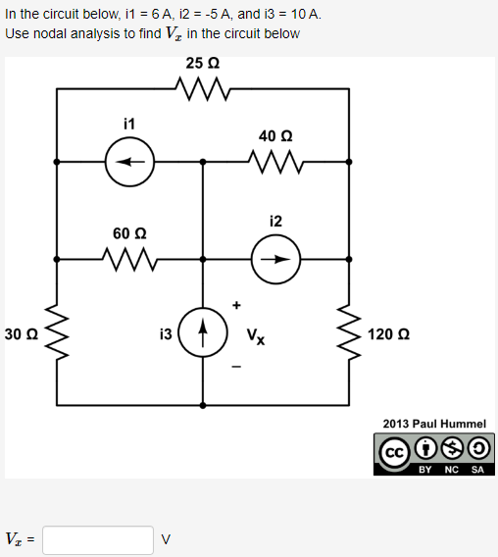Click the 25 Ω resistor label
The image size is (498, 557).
pos(202,64)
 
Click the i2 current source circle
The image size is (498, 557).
pos(275,260)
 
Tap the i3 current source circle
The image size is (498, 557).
pos(203,333)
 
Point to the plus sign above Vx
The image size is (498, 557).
pos(236,305)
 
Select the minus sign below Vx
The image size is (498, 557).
pos(236,368)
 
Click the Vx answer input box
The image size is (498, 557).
pos(98,539)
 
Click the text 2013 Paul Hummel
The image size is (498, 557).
pos(433,424)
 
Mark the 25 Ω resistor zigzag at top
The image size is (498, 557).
pos(202,89)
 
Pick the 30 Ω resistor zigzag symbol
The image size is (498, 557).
pos(57,333)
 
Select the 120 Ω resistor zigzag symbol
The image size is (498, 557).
pos(349,333)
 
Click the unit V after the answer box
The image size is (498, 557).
pos(166,539)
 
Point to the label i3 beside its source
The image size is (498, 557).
pos(166,333)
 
